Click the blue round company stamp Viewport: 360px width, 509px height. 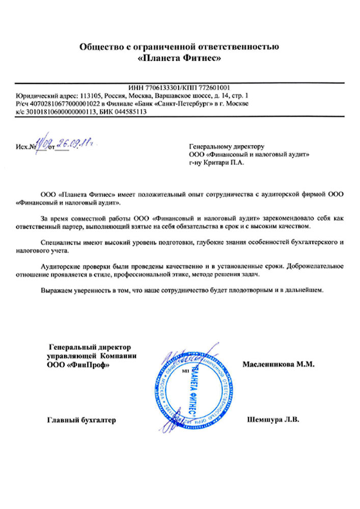tap(196, 386)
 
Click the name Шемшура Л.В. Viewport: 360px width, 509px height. tap(273, 420)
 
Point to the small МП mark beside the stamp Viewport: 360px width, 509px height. tap(184, 372)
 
